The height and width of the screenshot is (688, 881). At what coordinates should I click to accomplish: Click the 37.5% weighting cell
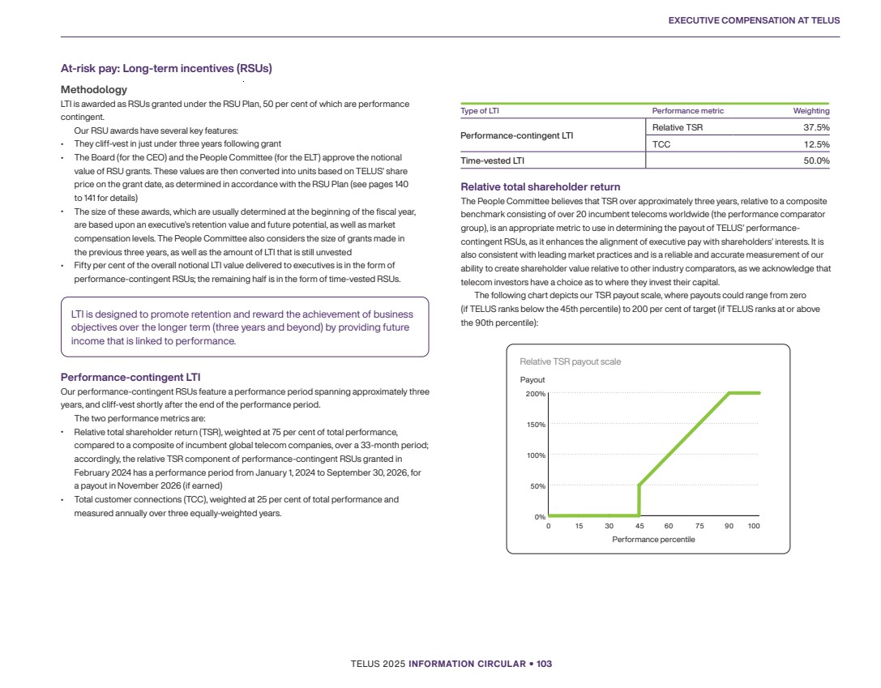click(815, 127)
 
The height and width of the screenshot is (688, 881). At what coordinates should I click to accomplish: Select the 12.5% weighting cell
click(815, 144)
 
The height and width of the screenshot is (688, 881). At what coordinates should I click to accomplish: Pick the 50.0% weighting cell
click(815, 160)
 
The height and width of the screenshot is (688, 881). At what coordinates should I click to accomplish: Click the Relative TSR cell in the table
click(672, 127)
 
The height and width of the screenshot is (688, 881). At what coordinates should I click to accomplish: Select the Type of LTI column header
click(480, 111)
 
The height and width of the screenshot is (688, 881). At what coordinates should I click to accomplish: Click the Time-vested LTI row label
click(492, 160)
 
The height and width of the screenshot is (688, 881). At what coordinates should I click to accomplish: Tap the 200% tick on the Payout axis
click(535, 394)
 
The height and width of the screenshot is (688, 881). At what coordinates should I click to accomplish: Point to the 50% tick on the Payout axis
click(537, 486)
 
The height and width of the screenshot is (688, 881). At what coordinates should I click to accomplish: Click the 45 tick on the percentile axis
click(639, 527)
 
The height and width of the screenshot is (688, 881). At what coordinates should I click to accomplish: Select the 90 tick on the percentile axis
click(729, 527)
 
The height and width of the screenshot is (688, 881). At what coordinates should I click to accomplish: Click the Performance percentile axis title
click(653, 540)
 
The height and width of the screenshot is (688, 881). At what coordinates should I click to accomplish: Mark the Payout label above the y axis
click(532, 380)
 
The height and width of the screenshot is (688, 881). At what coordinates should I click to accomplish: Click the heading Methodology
click(94, 89)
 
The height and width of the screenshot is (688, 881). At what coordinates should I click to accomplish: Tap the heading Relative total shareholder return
click(540, 187)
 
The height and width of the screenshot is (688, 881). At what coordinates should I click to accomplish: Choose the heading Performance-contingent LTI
click(130, 377)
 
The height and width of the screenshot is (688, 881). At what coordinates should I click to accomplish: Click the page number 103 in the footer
click(544, 664)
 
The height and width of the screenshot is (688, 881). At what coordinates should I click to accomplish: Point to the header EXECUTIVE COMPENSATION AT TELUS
click(754, 20)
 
